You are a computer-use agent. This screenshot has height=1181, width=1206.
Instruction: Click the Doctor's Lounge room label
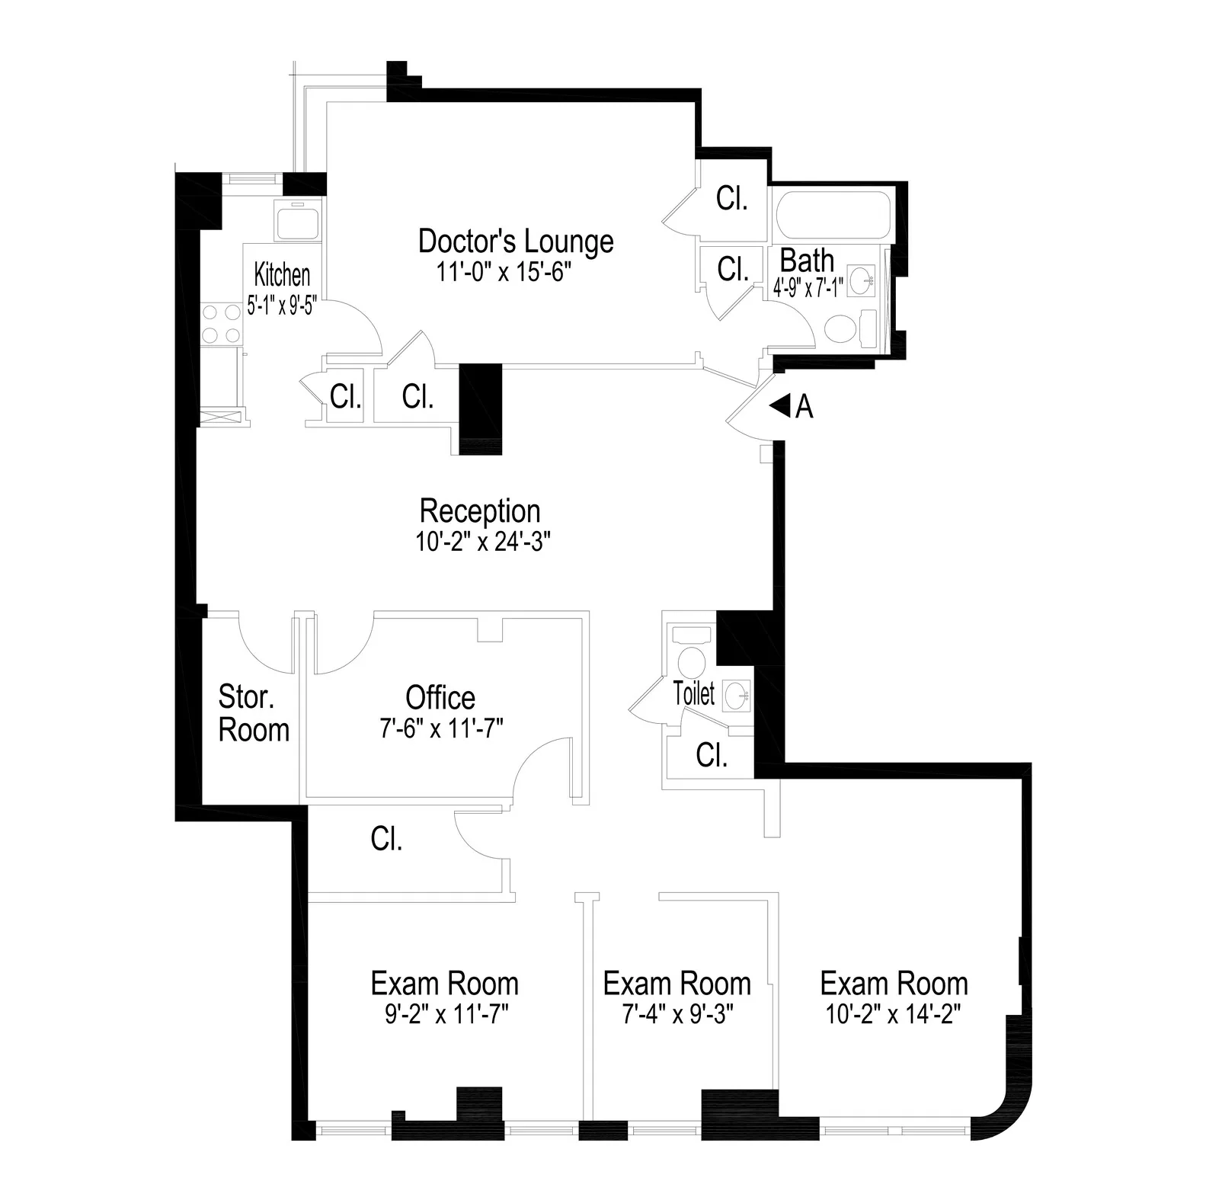point(516,241)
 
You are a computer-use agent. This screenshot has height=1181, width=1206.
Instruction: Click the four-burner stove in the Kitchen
point(222,324)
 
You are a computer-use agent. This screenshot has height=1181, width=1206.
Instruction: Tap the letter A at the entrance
point(804,408)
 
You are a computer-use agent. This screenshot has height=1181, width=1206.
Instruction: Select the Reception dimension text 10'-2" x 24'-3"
point(483,542)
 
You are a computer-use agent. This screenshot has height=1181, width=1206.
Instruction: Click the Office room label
point(440,697)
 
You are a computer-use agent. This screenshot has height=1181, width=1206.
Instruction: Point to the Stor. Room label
point(254,713)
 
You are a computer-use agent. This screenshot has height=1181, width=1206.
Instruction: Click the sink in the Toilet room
point(737,696)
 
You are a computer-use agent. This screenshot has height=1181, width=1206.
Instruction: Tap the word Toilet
point(694,693)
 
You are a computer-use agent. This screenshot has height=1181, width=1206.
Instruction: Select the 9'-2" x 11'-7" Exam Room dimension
point(446,1014)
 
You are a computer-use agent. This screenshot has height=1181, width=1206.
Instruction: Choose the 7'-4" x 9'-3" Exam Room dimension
point(677,1014)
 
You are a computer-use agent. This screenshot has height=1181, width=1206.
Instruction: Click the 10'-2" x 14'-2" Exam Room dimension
point(894,1014)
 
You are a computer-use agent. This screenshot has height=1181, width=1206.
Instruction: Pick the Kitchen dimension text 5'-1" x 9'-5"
point(281,306)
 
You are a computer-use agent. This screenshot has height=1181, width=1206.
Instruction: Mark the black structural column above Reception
point(481,409)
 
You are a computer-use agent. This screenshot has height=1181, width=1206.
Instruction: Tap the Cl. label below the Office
point(386,839)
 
